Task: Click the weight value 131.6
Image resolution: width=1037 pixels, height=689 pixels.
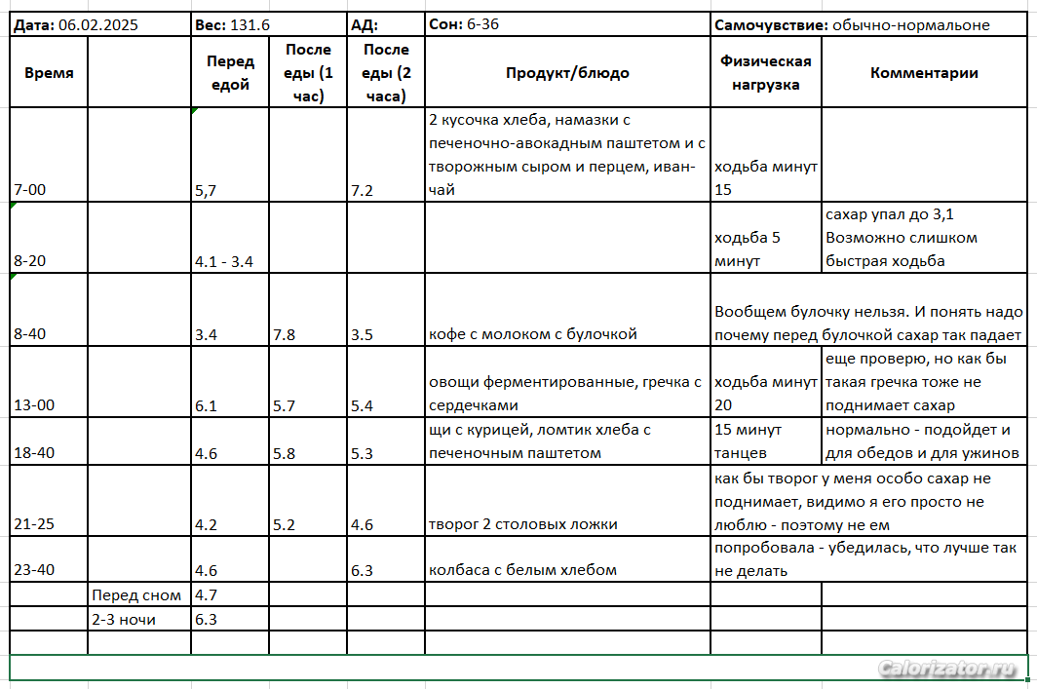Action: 251,25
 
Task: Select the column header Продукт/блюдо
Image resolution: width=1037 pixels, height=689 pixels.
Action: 567,73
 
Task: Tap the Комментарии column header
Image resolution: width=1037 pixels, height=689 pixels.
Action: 924,73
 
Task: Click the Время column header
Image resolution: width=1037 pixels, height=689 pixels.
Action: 49,73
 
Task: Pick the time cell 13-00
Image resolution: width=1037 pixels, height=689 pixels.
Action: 35,405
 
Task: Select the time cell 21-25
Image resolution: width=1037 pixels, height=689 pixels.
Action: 35,524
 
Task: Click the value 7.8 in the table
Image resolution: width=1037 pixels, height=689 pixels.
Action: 286,334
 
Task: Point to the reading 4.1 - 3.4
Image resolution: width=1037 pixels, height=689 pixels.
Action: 224,262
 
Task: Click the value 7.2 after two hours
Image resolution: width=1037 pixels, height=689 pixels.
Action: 363,191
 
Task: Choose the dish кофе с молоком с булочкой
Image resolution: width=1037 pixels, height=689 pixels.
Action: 532,334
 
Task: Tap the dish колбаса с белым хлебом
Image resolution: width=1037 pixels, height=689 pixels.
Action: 522,570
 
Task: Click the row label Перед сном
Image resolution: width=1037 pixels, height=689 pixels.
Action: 136,594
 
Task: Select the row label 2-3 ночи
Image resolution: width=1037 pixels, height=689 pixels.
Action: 124,619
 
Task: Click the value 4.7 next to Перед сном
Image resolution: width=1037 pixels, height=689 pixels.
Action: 207,594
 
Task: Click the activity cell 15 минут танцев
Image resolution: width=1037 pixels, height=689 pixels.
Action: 749,440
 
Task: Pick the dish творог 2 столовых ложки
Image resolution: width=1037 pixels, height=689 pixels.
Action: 523,524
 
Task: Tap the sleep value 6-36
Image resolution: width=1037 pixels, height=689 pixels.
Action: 483,25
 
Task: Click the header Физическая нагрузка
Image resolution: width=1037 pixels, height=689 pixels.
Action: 766,73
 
